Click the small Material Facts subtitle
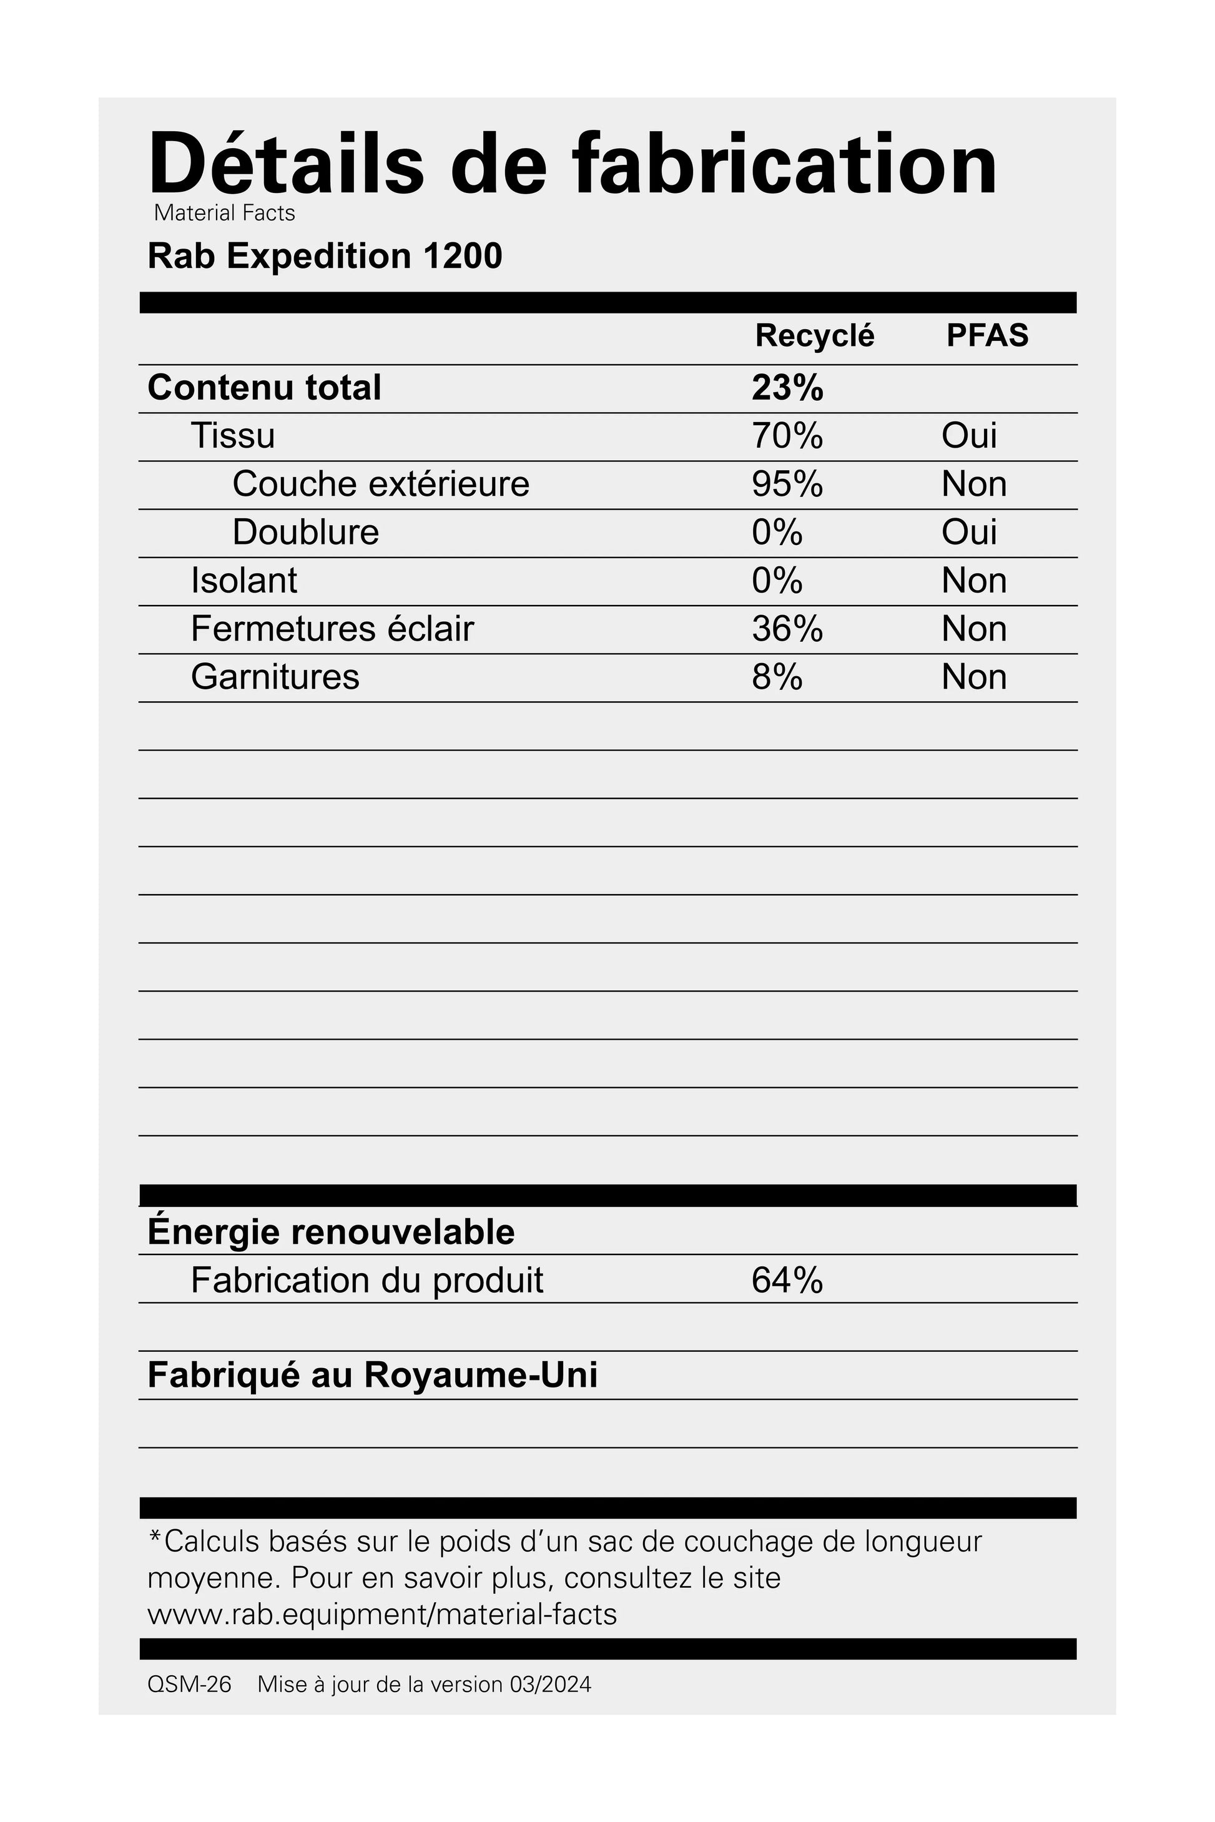tap(224, 213)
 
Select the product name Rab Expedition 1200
tap(325, 257)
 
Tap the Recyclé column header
tap(814, 335)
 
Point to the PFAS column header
tap(987, 335)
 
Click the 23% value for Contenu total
tap(787, 388)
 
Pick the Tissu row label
tap(232, 436)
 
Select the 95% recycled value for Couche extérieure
tap(787, 485)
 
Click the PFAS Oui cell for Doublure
tap(968, 533)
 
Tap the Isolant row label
tap(243, 581)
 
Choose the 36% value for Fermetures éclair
tap(787, 629)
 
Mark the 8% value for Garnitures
tap(777, 677)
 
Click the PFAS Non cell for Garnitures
tap(974, 677)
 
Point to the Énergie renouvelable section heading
tap(331, 1232)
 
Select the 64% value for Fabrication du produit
tap(787, 1280)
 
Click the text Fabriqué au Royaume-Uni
tap(372, 1376)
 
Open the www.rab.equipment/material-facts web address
tap(382, 1614)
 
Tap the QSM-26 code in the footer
tap(189, 1685)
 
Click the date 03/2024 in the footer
tap(550, 1685)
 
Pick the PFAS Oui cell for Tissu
tap(968, 436)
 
